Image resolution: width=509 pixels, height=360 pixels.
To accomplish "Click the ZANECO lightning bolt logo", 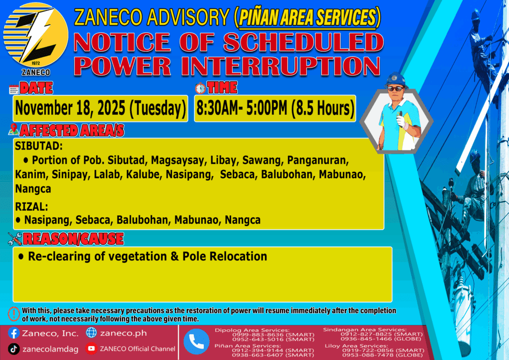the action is click(x=36, y=35).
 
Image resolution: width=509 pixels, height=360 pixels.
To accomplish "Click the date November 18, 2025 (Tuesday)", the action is click(x=100, y=108).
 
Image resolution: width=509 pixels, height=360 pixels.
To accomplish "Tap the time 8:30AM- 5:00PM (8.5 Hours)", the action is click(x=275, y=108).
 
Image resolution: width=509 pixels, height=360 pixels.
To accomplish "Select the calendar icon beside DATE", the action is click(x=13, y=90).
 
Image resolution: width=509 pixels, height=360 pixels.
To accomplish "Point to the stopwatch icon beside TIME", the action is click(x=200, y=88).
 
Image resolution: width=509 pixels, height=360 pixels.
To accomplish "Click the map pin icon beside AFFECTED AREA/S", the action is click(x=13, y=129).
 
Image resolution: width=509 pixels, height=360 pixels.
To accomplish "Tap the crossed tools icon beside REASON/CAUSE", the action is click(x=15, y=239).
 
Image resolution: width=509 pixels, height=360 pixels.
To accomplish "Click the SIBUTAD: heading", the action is click(x=39, y=146).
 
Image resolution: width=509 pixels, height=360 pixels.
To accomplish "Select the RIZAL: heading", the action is click(x=31, y=206).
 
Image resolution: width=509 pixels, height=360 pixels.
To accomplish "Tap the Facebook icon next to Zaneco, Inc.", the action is click(x=13, y=333).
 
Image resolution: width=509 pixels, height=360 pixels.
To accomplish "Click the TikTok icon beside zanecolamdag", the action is click(x=13, y=349).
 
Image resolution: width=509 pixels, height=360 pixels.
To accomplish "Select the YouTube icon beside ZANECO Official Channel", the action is click(x=91, y=349).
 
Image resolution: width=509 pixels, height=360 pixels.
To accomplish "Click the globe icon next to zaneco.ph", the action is click(x=91, y=333).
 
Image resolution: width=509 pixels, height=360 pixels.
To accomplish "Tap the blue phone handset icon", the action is click(x=196, y=342).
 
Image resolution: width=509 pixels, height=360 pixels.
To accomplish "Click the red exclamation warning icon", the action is click(x=13, y=314).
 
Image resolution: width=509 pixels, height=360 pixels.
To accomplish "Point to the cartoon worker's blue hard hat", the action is click(x=395, y=79).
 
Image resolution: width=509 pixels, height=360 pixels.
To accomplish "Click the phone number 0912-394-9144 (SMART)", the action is click(x=273, y=350).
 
